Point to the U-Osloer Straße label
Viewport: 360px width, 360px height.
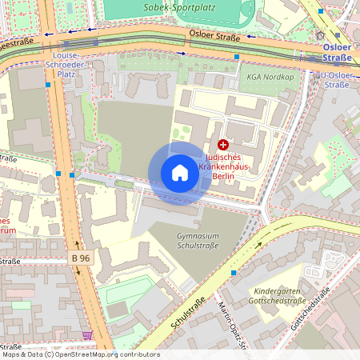pos(335,79)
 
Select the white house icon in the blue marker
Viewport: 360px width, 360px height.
pos(180,173)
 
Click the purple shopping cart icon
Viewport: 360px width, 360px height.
pos(87,336)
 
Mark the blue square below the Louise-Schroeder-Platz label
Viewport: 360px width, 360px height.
pos(48,84)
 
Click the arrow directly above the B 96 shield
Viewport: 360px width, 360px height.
pos(78,244)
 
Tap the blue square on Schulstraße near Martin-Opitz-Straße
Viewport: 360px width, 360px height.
pos(234,273)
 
